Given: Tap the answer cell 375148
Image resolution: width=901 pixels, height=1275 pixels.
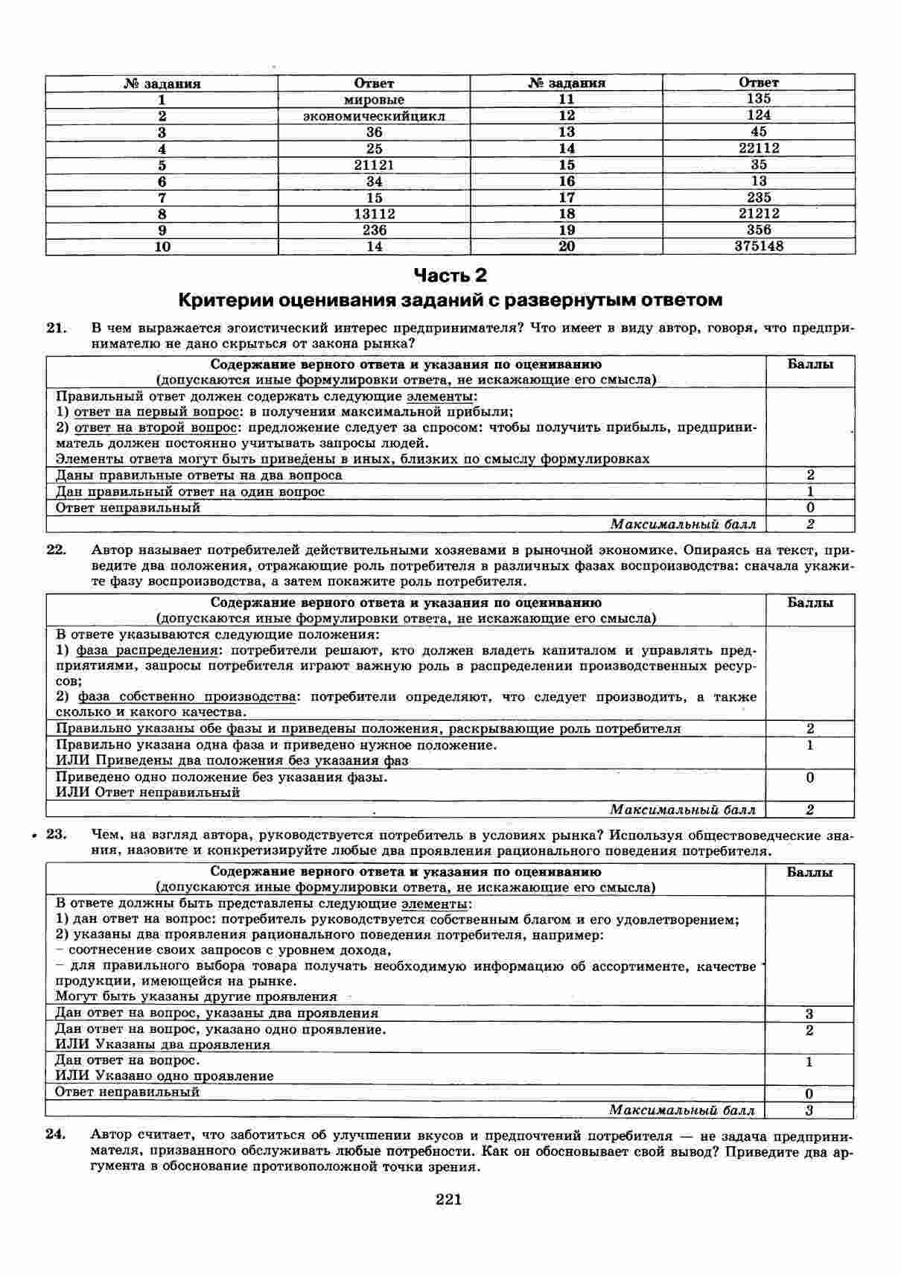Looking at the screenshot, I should point(759,246).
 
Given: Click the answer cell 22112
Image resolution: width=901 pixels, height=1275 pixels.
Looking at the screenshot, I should point(759,148).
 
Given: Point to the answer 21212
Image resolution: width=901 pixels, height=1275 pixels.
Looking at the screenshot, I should point(759,214).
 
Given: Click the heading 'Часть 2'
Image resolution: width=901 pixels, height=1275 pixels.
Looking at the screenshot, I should point(450,276).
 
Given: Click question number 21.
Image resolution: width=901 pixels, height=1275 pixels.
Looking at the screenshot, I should point(57,328).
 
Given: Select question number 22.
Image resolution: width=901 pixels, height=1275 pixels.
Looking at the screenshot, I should point(57,550).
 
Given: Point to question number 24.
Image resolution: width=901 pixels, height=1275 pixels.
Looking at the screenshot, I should point(57,1135).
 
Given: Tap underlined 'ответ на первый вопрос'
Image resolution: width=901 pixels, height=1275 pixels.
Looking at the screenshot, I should point(156,412).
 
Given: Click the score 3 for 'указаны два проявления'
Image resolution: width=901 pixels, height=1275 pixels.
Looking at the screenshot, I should point(809,1014).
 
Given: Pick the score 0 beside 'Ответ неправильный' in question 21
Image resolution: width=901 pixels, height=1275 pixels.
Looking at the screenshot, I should point(810,509).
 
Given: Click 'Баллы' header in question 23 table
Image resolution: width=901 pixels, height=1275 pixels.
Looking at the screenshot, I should point(809,872).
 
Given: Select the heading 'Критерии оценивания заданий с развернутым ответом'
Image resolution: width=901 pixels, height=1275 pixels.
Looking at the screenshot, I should point(450,300).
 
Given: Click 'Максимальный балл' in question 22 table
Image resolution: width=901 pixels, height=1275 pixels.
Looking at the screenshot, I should point(683,810).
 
